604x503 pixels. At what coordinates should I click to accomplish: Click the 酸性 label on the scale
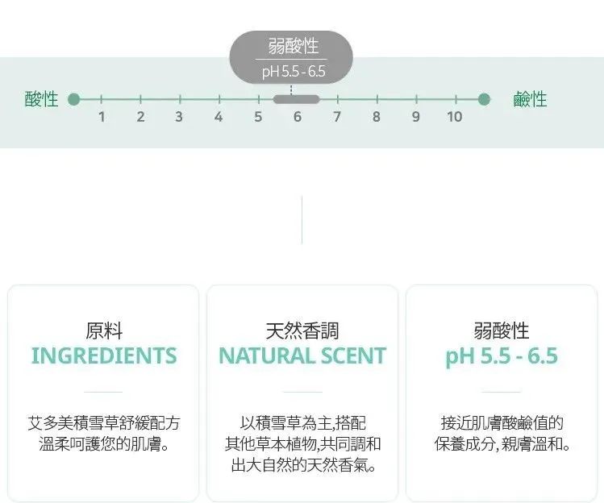coord(42,99)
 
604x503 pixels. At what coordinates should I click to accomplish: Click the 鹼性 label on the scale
coord(530,99)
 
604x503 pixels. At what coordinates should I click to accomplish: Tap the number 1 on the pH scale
coord(102,117)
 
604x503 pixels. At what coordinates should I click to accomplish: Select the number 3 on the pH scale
coord(179,117)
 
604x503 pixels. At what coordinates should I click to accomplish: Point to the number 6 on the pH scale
coord(297,117)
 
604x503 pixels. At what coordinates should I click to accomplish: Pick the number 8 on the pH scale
coord(376,117)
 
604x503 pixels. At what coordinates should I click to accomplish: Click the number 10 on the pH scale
coord(455,117)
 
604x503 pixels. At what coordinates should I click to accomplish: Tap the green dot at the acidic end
coord(74,99)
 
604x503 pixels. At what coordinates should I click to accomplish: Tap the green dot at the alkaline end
coord(484,99)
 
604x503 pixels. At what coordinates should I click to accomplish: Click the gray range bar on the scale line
coord(296,99)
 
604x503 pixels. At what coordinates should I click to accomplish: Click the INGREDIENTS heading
coord(104,355)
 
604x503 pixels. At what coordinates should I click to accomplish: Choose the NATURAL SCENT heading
coord(302,355)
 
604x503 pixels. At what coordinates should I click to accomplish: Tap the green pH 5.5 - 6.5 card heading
coord(502,355)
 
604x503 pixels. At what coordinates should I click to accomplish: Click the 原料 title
coord(104,330)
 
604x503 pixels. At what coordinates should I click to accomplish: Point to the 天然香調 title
coord(302,330)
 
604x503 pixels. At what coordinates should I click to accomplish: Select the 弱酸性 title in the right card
coord(502,330)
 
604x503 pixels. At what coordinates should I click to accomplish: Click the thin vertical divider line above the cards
coord(302,219)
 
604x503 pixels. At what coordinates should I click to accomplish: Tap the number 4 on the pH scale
coord(219,117)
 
